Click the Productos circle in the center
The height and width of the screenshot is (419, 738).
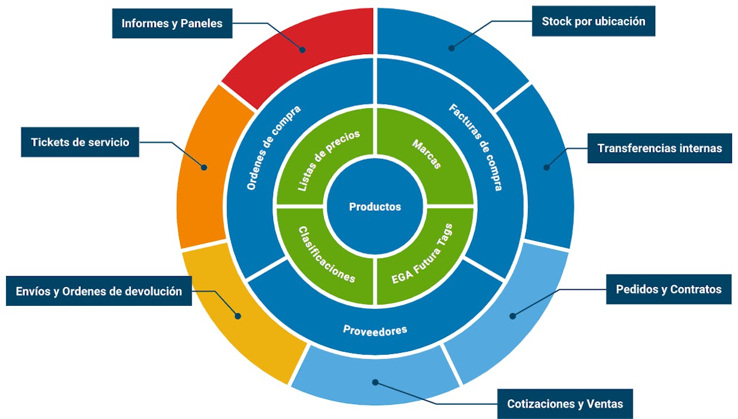[x=375, y=207]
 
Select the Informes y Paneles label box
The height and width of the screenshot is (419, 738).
[x=172, y=23]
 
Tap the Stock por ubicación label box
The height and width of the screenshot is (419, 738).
[x=593, y=21]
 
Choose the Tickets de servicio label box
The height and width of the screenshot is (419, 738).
[x=80, y=142]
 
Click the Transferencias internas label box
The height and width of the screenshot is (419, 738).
[x=659, y=148]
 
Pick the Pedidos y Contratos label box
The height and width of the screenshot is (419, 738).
[x=668, y=289]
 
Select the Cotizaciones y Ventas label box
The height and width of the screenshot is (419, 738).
[x=565, y=404]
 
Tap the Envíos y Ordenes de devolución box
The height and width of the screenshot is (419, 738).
[x=99, y=291]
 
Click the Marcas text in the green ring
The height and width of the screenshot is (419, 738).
[x=427, y=154]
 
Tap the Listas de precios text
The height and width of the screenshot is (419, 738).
[x=329, y=161]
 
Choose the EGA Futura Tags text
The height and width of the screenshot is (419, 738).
[x=422, y=254]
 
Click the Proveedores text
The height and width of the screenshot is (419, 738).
[x=375, y=330]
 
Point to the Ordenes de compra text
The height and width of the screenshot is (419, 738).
[x=274, y=148]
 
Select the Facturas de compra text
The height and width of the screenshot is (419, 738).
[x=476, y=147]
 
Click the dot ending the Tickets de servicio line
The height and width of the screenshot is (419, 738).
[x=204, y=167]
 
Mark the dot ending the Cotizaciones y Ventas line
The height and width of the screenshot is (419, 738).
[x=376, y=382]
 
